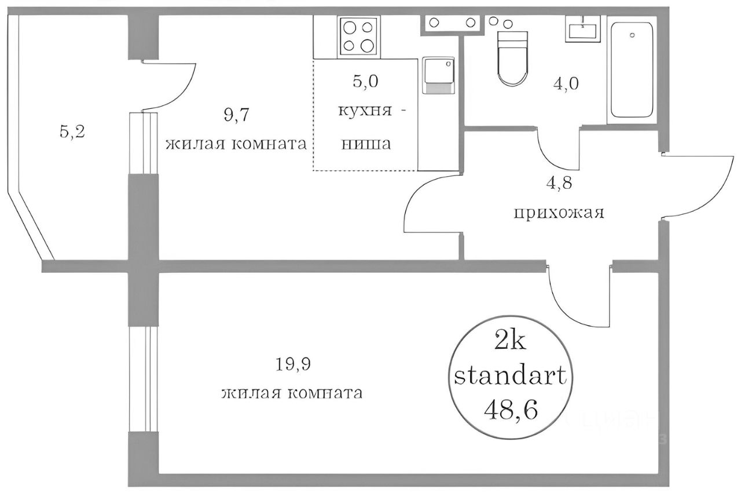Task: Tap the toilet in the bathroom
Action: (513, 58)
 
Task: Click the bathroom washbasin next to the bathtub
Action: (582, 28)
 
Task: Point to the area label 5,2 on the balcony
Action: (72, 132)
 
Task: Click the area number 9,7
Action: (236, 115)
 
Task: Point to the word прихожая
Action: (559, 213)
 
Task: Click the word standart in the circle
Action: (509, 377)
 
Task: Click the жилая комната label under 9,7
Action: (236, 143)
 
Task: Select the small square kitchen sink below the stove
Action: (438, 75)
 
